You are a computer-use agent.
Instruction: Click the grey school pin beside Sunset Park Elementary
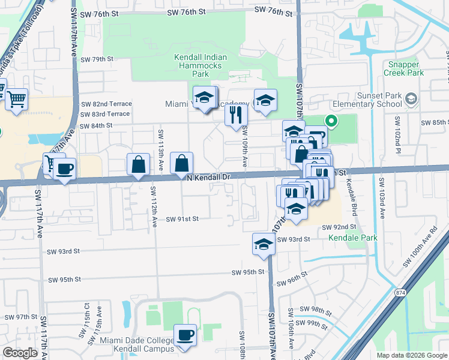(411, 98)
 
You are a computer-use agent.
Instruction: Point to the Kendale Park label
(352, 238)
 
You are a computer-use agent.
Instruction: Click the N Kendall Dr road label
(208, 178)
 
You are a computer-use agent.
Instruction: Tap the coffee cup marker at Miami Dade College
(185, 335)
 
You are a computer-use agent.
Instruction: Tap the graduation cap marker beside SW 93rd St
(263, 244)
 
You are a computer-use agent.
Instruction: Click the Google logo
(20, 353)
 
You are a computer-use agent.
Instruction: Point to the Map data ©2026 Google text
(411, 355)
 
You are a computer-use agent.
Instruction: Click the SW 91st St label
(182, 219)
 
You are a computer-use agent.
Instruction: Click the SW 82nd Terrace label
(106, 104)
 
